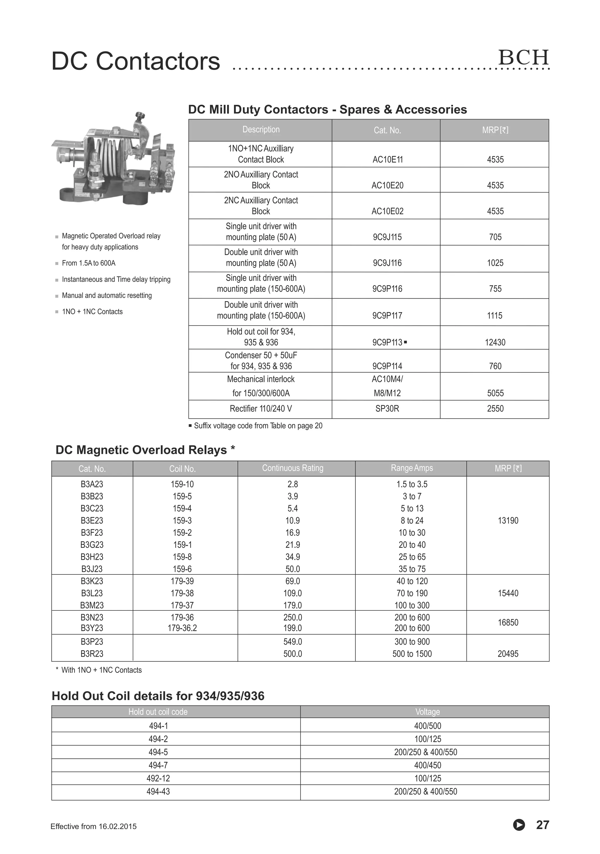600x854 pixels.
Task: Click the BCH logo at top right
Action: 523,57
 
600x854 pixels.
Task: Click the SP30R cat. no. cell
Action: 387,408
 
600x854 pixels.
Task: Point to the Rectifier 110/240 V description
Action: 260,408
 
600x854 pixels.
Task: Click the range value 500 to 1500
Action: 412,653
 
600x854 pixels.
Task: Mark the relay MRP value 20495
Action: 508,653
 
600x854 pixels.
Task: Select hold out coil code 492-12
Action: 158,778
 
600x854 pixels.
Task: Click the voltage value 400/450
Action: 427,765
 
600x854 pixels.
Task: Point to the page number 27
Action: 542,825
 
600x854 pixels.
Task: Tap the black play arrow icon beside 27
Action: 519,825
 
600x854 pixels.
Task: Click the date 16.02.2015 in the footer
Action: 117,826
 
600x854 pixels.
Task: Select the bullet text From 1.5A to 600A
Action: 88,263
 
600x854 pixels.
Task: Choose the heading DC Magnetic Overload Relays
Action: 141,450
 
